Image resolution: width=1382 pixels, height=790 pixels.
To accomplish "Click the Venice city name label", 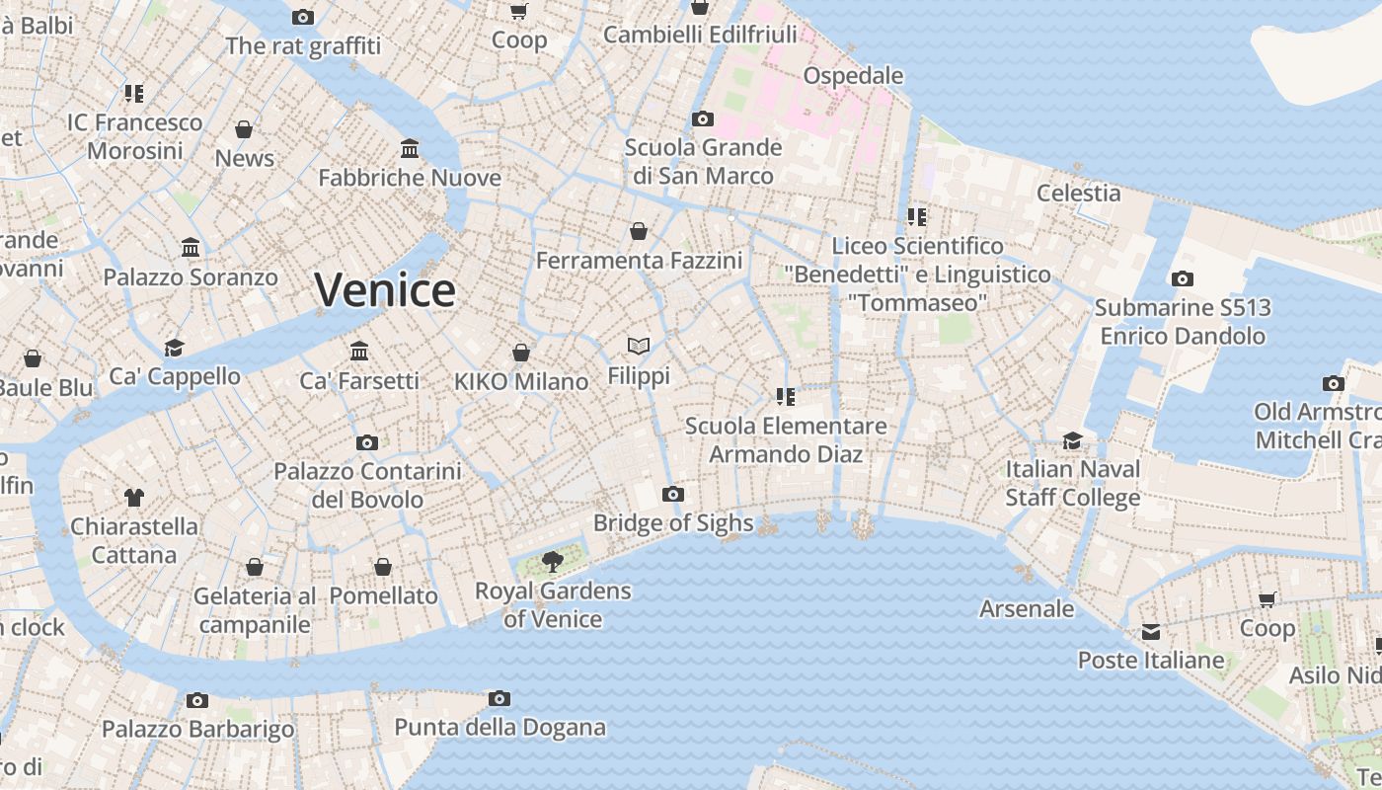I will coord(385,290).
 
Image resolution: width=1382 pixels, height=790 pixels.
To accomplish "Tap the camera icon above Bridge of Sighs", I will coord(673,494).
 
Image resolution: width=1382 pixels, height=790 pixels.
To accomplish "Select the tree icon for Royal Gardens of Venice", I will coord(553,562).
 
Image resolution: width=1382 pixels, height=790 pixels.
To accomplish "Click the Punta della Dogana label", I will coord(499,728).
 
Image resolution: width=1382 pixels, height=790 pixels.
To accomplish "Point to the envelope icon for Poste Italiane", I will coord(1151,632).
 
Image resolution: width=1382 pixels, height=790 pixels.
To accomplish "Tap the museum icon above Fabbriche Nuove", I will coord(410,149).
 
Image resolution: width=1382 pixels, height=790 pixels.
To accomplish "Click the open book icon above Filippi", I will coord(639,346).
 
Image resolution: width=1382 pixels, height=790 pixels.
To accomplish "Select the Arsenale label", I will coord(1027,608).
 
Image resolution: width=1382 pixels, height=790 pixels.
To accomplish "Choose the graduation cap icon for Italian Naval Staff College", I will coord(1072,440).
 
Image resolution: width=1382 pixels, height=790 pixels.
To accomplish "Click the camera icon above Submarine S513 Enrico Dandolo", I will coord(1183,279).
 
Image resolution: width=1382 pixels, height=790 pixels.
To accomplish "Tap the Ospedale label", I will coord(853,76).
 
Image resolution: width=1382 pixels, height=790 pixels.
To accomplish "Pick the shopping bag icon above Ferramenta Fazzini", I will coord(639,232).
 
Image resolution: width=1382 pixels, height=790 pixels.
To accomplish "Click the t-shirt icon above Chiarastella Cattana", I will coord(134,498).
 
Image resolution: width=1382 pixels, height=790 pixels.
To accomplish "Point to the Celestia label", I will coord(1078,193).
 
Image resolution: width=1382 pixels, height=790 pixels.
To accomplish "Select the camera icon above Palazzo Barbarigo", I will coord(197,701).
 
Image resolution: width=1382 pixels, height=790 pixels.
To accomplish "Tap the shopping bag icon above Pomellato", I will coord(383,567).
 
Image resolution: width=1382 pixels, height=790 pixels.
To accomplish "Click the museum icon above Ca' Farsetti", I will coord(359,352).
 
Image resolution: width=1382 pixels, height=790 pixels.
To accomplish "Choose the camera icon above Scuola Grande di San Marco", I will coord(703,119).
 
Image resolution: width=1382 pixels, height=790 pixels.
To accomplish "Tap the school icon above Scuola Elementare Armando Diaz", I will coord(786,397).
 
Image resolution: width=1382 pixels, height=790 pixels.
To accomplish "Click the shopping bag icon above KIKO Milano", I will coord(521,353).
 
